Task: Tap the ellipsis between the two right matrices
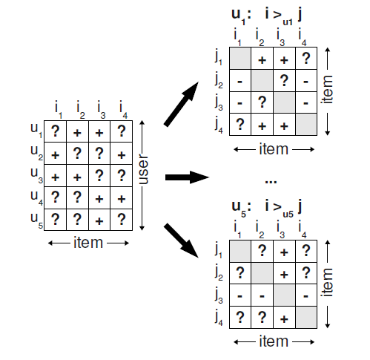click(x=270, y=180)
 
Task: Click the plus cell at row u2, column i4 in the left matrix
click(x=121, y=154)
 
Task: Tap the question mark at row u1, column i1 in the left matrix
click(x=55, y=132)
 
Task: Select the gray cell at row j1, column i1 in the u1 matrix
click(x=240, y=57)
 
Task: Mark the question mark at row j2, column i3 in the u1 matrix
click(x=283, y=79)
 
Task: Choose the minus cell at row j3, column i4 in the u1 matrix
click(x=305, y=102)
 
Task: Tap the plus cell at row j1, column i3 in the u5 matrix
click(x=283, y=250)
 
